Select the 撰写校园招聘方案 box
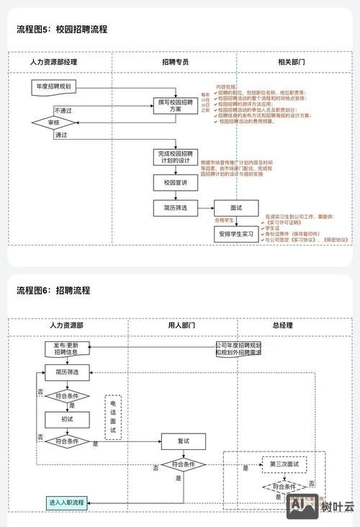[x=176, y=106]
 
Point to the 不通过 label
[x=63, y=111]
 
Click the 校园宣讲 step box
[x=175, y=183]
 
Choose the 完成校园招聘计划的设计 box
[x=175, y=158]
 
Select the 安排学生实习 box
[x=236, y=235]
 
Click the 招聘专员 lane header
[x=175, y=62]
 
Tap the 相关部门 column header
[x=291, y=62]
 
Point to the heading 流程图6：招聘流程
[x=53, y=290]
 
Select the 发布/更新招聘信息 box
[x=66, y=348]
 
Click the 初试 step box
[x=66, y=418]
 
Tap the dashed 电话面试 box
[x=112, y=418]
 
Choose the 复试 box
[x=183, y=441]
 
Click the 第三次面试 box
[x=284, y=462]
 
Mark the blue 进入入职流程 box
[x=66, y=502]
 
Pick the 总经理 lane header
[x=282, y=325]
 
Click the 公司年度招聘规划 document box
[x=238, y=349]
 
